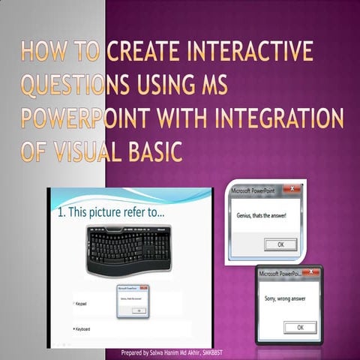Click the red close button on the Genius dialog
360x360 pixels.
coord(293,191)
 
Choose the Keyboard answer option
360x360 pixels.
coord(83,328)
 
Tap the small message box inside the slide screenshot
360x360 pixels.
coord(133,300)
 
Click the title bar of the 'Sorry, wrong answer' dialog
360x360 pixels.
coord(281,274)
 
